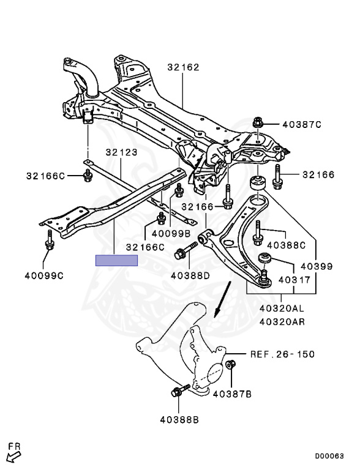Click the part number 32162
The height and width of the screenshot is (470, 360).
pos(183,67)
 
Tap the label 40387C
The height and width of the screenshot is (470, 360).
pos(302,124)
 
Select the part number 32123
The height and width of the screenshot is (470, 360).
pos(121,152)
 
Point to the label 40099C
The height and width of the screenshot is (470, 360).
pos(44,275)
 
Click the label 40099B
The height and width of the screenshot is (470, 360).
pos(171,233)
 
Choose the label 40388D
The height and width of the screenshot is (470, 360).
pos(190,275)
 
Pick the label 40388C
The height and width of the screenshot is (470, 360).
pos(286,245)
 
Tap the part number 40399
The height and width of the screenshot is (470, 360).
pos(317,266)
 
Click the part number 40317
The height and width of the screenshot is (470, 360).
pos(294,280)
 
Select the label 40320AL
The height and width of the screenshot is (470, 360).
pos(282,308)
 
